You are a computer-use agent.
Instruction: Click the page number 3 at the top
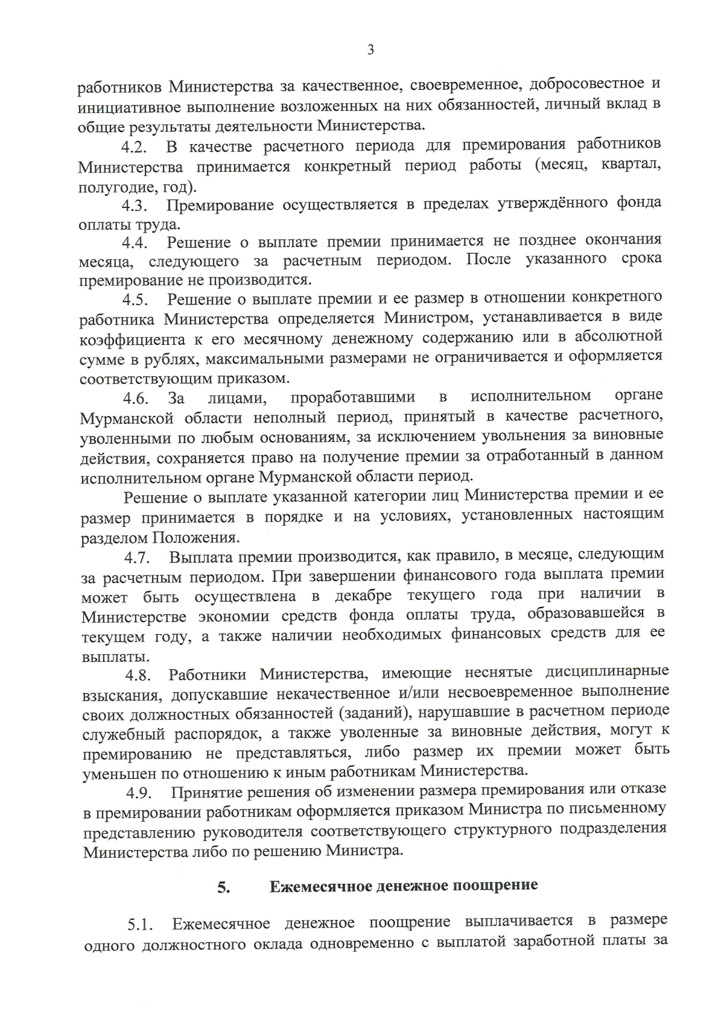click(x=370, y=50)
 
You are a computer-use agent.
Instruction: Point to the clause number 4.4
click(x=135, y=244)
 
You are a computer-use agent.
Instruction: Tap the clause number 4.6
click(x=136, y=398)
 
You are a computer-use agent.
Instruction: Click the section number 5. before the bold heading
click(x=224, y=887)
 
